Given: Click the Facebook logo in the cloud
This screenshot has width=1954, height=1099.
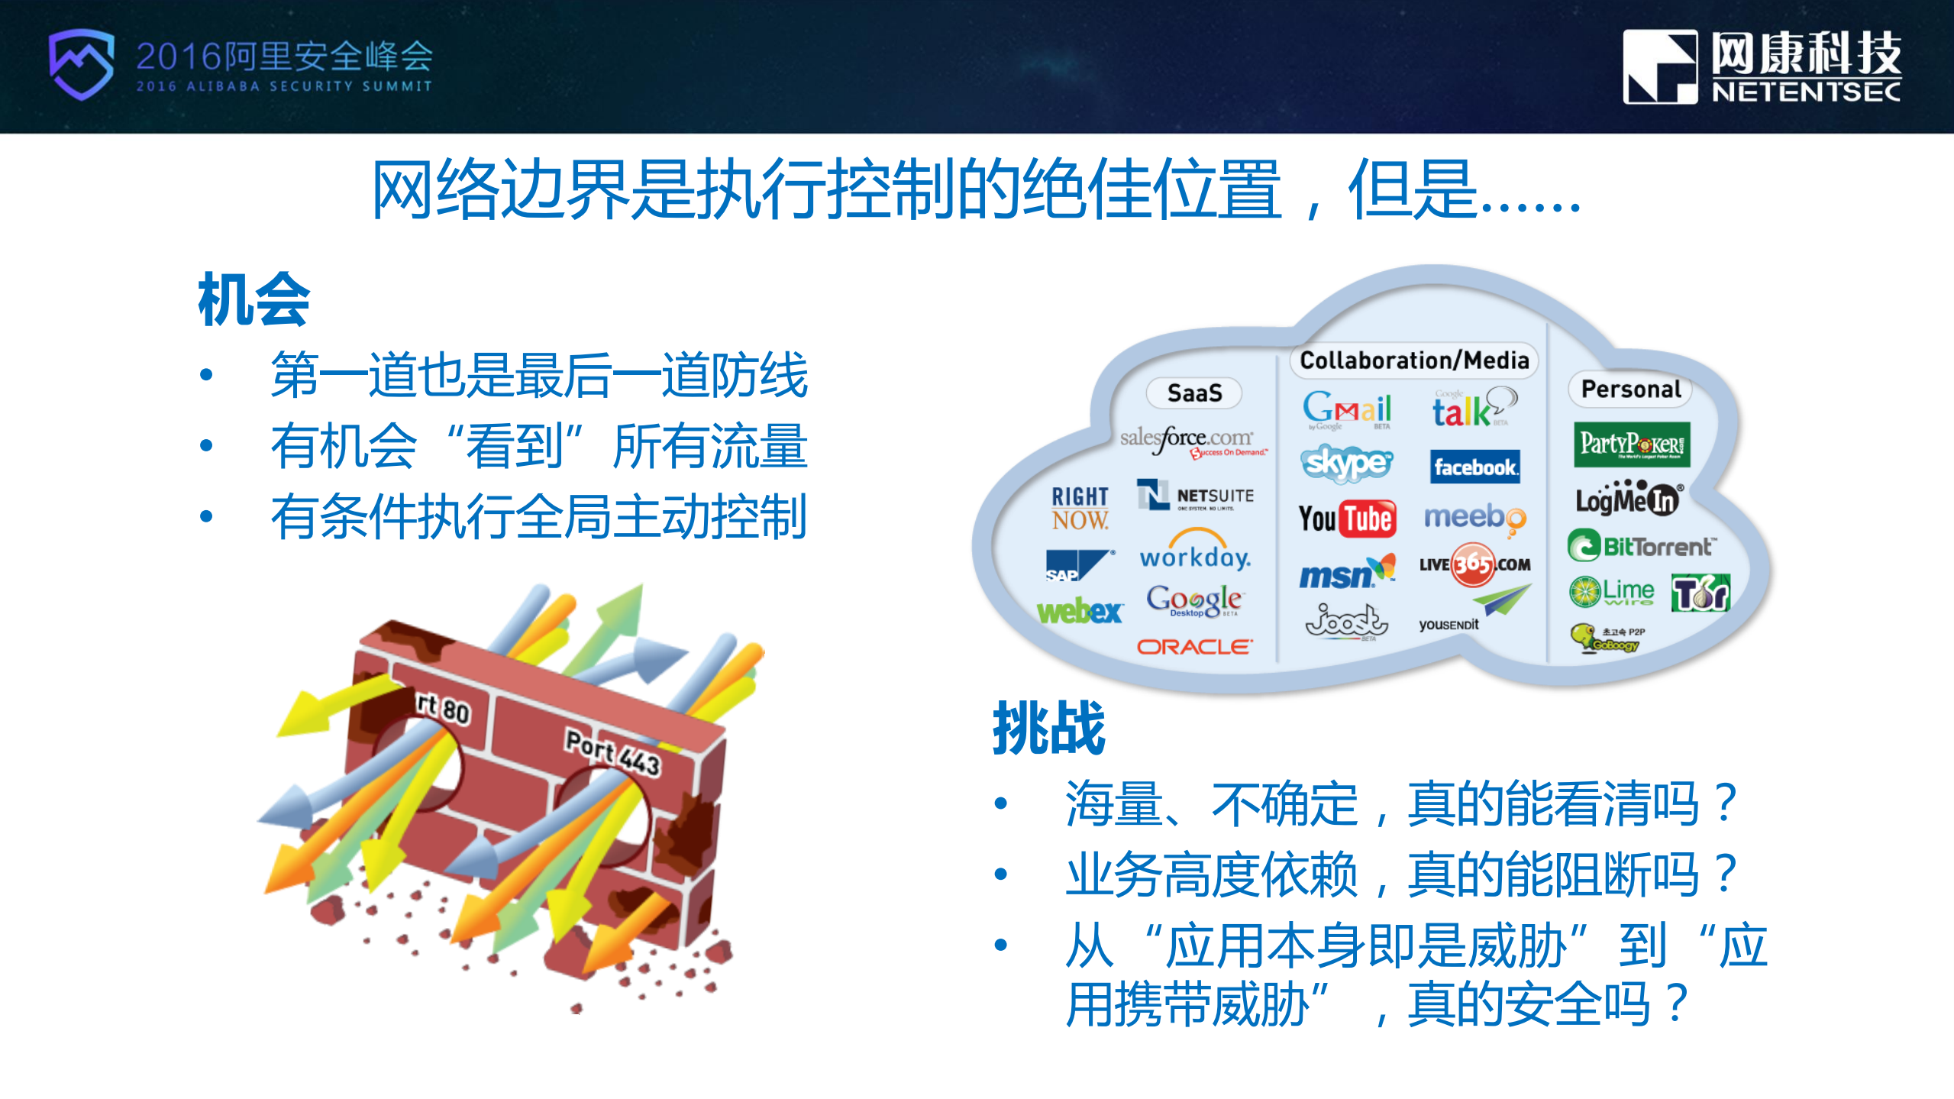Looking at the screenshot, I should tap(1474, 467).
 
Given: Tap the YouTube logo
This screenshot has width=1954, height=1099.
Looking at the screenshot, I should tap(1348, 519).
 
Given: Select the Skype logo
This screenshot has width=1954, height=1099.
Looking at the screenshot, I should tap(1347, 463).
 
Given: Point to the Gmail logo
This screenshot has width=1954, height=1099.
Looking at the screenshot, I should tap(1347, 409).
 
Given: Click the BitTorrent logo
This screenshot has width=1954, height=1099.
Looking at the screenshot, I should tap(1642, 546).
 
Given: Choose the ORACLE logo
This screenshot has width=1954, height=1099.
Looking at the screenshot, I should tap(1194, 648).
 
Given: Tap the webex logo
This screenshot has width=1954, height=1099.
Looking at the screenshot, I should tap(1079, 611).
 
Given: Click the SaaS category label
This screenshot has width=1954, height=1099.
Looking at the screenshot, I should tap(1194, 393).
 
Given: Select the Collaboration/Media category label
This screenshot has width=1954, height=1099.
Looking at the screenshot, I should tap(1414, 360).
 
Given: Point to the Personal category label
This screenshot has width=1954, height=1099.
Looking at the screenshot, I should tap(1631, 389).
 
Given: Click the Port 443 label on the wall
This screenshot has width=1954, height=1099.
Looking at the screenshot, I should tap(612, 752).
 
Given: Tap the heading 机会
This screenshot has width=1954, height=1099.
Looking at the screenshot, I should tap(254, 300).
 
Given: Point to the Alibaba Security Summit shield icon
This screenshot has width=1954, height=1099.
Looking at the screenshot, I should tap(81, 65).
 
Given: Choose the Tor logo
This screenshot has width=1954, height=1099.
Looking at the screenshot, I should tap(1700, 593).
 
